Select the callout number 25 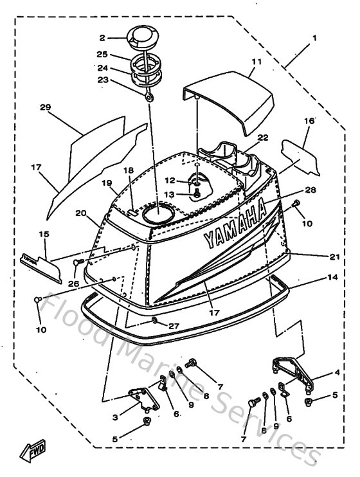102,55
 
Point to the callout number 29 46,107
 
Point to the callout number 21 334,257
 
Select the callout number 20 80,213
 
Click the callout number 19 107,183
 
